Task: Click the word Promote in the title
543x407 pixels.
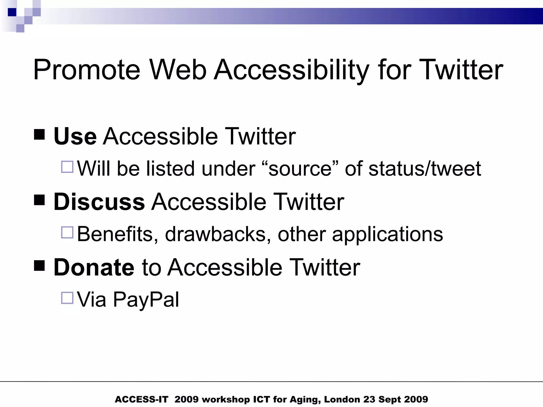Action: tap(86, 70)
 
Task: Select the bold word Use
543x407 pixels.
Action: tap(75, 136)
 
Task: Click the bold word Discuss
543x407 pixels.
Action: tap(99, 202)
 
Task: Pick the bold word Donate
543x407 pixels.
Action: tap(94, 268)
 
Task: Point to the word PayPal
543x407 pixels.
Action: tap(146, 300)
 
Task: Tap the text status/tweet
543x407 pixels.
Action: tap(424, 169)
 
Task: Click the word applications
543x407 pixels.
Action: tap(387, 234)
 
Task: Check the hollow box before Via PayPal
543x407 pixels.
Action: tap(67, 298)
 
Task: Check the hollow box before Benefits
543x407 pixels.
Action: tap(67, 232)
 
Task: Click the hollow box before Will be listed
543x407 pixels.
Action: tap(67, 167)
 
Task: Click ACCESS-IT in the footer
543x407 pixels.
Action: tap(141, 399)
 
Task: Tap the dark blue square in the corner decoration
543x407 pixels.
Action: tap(12, 12)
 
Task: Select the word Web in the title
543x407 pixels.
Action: tap(178, 70)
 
